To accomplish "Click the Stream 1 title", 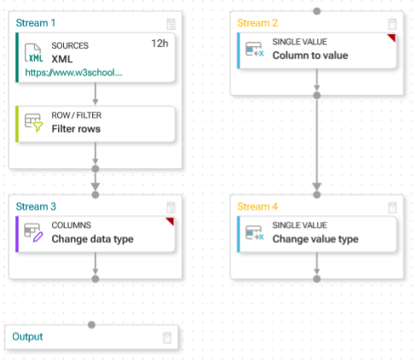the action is (36, 23).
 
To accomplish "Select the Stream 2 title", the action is (257, 23).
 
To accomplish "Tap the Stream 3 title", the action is (36, 206).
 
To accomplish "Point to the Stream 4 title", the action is (257, 206).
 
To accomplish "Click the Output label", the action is (27, 337).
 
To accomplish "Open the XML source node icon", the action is (33, 53).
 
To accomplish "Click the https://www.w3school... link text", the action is (73, 73).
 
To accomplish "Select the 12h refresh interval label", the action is (159, 44).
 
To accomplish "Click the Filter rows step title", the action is (76, 129).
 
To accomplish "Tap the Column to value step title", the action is (310, 55).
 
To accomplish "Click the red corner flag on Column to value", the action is (392, 38).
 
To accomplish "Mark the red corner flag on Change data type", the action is (170, 221).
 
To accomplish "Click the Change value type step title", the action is (315, 239).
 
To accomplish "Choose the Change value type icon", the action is (255, 233).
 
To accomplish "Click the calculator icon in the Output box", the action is (167, 338).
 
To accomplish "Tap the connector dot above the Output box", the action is (91, 325).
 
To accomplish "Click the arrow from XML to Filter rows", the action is (95, 94).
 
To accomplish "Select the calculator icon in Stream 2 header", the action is (392, 24).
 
